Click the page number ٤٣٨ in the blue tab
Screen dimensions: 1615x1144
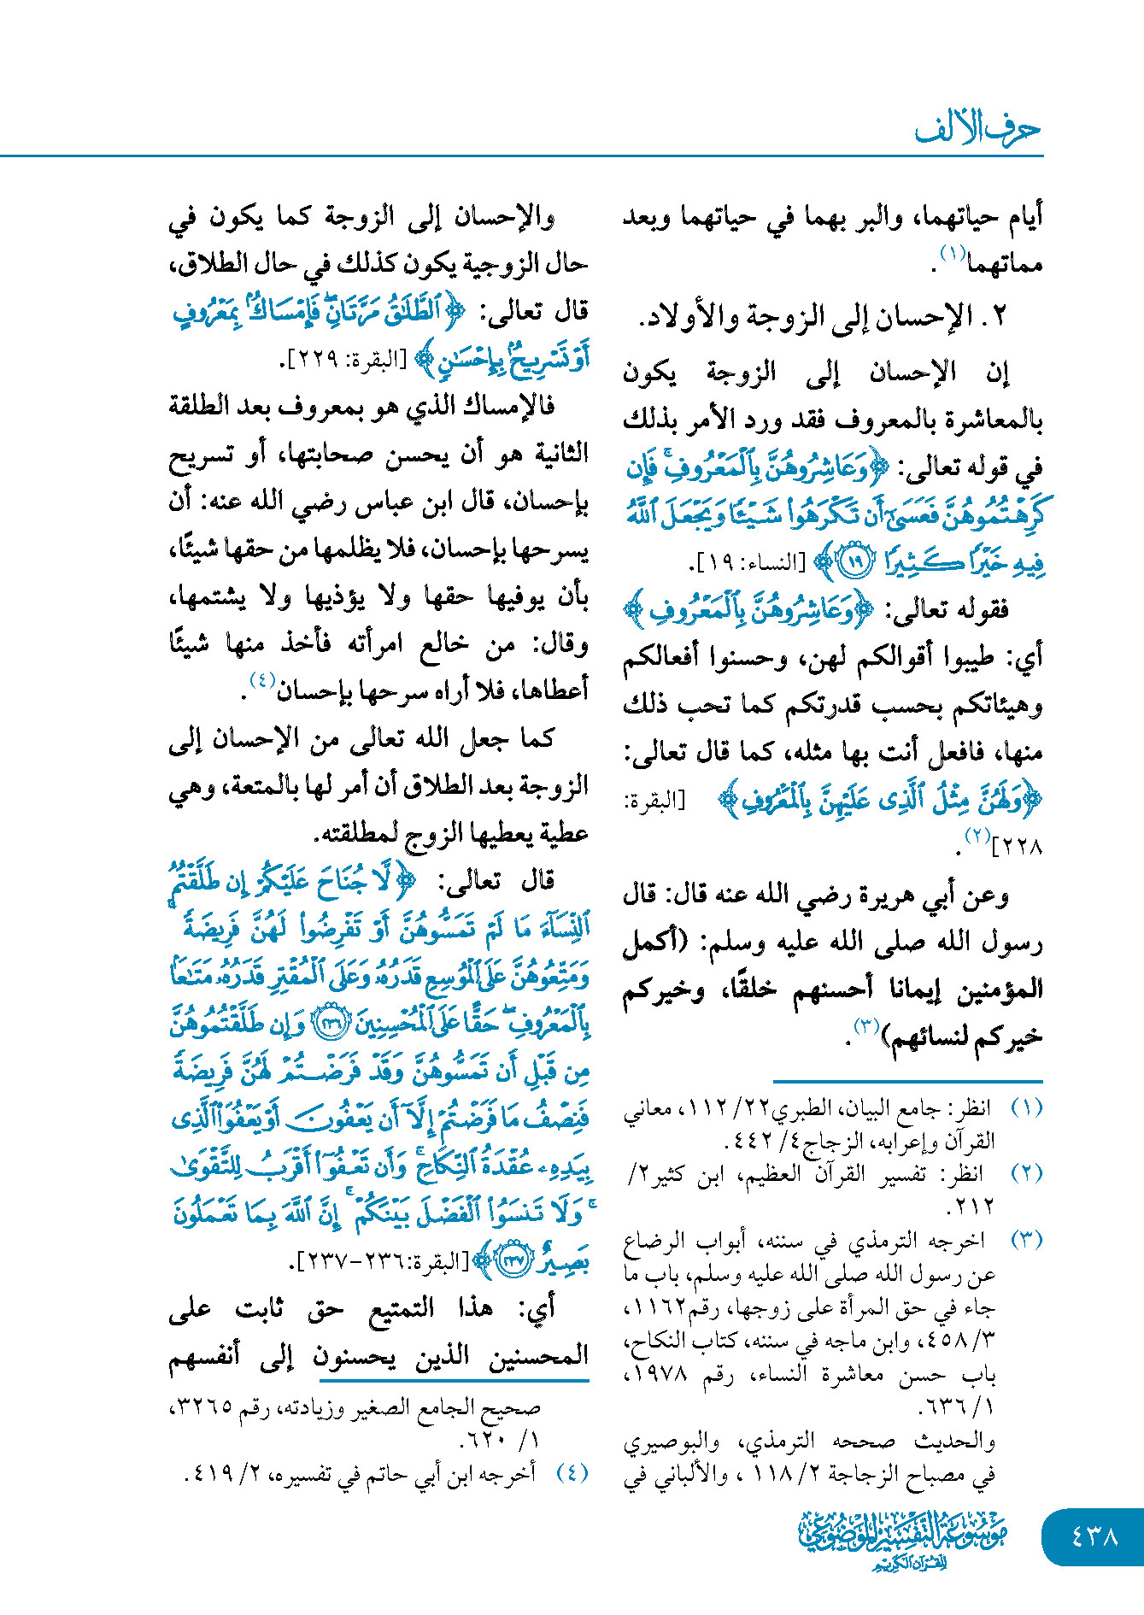[x=1094, y=1536]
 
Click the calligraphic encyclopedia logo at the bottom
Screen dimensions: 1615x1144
[x=903, y=1538]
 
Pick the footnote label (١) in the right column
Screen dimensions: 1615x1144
[x=1026, y=1108]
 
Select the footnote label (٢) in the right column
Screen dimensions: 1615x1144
[x=1026, y=1174]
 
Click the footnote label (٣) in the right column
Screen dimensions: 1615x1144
[x=1026, y=1240]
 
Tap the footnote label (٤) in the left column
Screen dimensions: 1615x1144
[x=572, y=1472]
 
